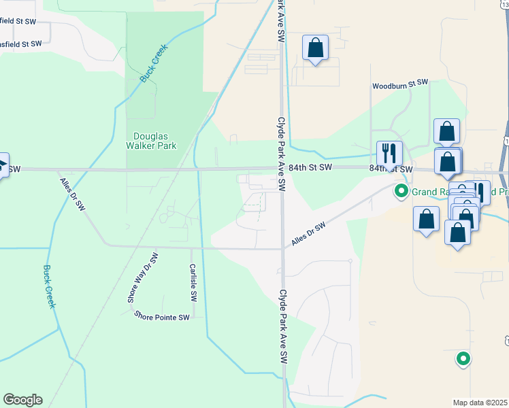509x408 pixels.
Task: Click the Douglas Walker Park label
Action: [151, 140]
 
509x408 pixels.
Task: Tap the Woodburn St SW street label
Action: [399, 86]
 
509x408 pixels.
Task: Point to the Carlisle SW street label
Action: [193, 283]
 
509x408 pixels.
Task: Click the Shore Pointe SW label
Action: [161, 316]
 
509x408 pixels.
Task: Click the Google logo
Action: [22, 400]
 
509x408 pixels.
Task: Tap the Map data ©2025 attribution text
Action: [480, 403]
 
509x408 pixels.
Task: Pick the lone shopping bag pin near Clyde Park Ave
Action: [315, 48]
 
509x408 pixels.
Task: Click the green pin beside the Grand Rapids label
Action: [401, 192]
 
